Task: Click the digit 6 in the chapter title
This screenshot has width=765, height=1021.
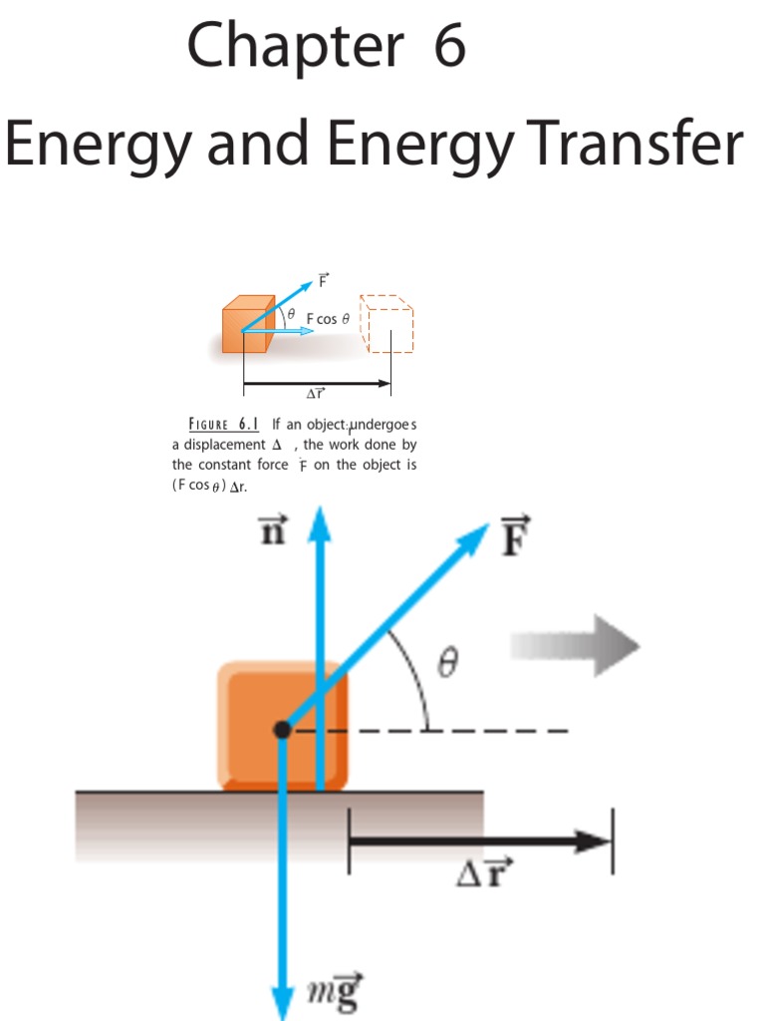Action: point(449,47)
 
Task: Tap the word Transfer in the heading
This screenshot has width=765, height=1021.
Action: point(631,146)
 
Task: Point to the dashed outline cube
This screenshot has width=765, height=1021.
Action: point(386,323)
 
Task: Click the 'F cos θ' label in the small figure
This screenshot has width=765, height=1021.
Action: point(328,319)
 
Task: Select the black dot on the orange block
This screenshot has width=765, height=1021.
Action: point(282,730)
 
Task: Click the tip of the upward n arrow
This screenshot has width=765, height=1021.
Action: point(319,516)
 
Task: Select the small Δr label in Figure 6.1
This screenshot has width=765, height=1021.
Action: point(316,395)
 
